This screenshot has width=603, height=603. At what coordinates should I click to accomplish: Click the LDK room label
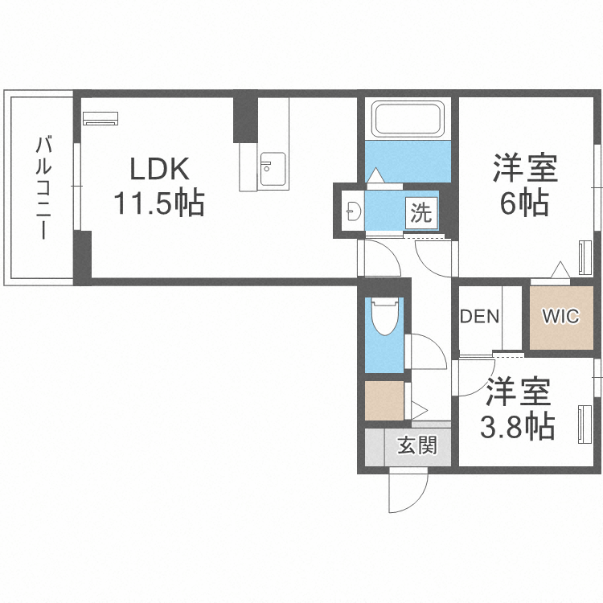pyautogui.click(x=160, y=169)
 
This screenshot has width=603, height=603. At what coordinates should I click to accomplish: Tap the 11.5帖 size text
pyautogui.click(x=159, y=203)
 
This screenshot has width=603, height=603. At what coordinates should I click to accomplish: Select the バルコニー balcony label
pyautogui.click(x=43, y=187)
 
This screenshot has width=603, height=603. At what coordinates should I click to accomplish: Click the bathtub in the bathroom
pyautogui.click(x=408, y=118)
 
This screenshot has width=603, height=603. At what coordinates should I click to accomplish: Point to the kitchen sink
pyautogui.click(x=273, y=169)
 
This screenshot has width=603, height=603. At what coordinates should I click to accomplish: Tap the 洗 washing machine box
pyautogui.click(x=421, y=213)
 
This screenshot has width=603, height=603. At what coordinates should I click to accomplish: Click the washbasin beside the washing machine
pyautogui.click(x=354, y=211)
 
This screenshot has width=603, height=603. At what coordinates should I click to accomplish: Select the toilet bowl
pyautogui.click(x=384, y=318)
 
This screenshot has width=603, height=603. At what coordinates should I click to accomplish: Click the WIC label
pyautogui.click(x=560, y=317)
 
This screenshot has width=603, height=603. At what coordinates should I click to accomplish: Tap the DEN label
pyautogui.click(x=479, y=317)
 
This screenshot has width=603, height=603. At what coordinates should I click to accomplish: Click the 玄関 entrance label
pyautogui.click(x=417, y=445)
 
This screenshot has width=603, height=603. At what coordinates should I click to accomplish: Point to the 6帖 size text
pyautogui.click(x=524, y=203)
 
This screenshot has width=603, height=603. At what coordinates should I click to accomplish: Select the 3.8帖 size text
pyautogui.click(x=518, y=426)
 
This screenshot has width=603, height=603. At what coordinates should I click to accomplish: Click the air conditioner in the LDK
pyautogui.click(x=100, y=118)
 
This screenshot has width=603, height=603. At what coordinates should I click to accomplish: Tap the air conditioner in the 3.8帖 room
pyautogui.click(x=585, y=425)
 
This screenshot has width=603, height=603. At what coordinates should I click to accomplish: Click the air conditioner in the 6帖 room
pyautogui.click(x=585, y=257)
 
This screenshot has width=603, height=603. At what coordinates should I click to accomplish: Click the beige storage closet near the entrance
pyautogui.click(x=384, y=400)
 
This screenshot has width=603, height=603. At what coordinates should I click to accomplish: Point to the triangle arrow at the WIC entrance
pyautogui.click(x=560, y=269)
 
